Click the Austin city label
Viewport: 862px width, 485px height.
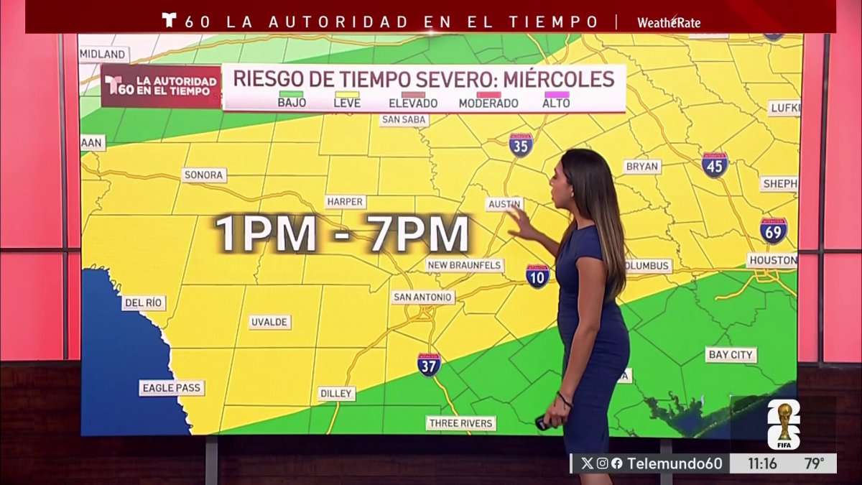[x=504, y=204]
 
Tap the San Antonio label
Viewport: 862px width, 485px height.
[x=423, y=297]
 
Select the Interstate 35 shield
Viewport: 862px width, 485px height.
[x=521, y=145]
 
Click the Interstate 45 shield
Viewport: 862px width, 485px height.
[x=715, y=165]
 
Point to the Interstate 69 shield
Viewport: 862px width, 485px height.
[x=774, y=230]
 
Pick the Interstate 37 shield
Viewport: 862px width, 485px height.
[x=429, y=364]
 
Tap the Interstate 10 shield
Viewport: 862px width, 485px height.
[x=537, y=275]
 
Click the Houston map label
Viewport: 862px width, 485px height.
[x=771, y=260]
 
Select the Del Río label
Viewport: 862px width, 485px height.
[x=143, y=302]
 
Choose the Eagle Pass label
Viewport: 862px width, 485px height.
[x=172, y=388]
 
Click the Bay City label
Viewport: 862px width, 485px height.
[x=731, y=354]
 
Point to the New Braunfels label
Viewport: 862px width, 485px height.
[x=464, y=265]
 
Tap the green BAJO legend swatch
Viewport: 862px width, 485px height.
[x=292, y=94]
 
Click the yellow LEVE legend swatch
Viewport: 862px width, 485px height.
[x=347, y=94]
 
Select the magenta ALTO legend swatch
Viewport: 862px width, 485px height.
[x=557, y=94]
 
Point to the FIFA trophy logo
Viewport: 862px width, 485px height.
[x=784, y=425]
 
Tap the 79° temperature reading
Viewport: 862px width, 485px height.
[x=814, y=463]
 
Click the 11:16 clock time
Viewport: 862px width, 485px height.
[x=761, y=463]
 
